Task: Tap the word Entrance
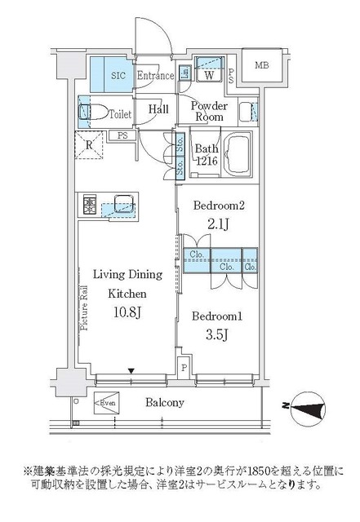pyautogui.click(x=155, y=76)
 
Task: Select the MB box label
pyautogui.click(x=261, y=66)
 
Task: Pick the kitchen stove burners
pyautogui.click(x=89, y=204)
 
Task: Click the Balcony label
pyautogui.click(x=165, y=403)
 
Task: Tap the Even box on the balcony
pyautogui.click(x=108, y=402)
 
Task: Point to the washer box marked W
pyautogui.click(x=209, y=75)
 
